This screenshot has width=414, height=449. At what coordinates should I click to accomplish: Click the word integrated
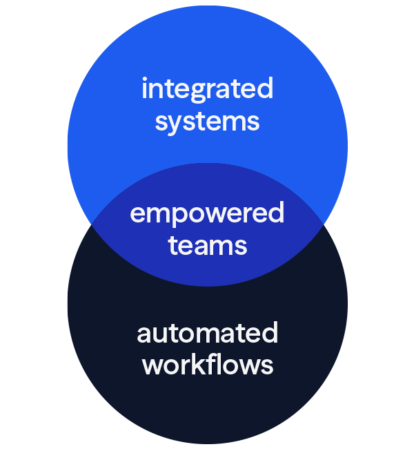click(x=207, y=90)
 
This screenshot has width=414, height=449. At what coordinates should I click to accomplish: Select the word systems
click(x=207, y=122)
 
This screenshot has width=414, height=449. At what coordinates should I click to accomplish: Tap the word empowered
click(x=207, y=214)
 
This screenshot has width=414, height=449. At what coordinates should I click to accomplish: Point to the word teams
click(x=207, y=245)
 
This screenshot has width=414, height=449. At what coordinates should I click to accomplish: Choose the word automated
click(x=207, y=334)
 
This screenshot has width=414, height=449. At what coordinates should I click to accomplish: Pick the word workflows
click(x=207, y=365)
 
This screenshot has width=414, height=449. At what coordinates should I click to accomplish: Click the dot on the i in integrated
click(x=144, y=80)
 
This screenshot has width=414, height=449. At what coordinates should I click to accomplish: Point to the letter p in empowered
click(x=177, y=217)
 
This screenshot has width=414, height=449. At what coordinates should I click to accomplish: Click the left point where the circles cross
click(x=91, y=224)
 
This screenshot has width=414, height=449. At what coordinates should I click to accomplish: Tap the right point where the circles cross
click(x=323, y=224)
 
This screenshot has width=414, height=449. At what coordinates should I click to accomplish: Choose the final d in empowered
click(x=275, y=213)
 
